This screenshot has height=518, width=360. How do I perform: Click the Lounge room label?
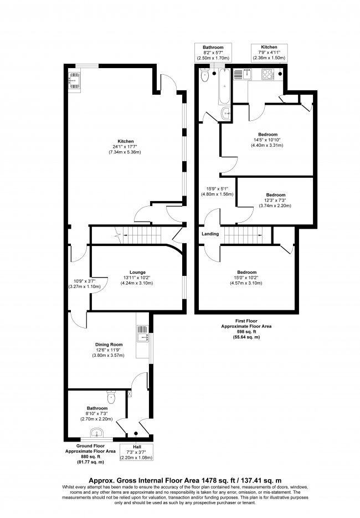pos(138,272)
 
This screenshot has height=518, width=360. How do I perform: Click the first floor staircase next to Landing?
pos(247,234)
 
